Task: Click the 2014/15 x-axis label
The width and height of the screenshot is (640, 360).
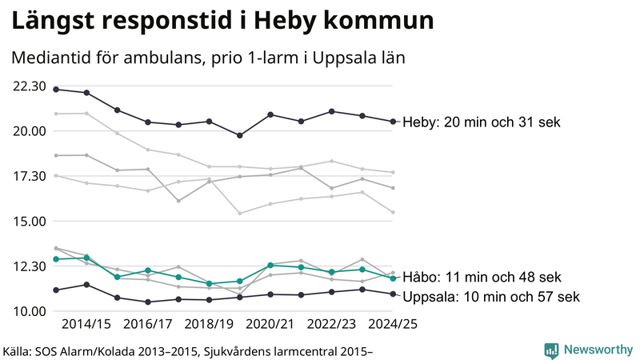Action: (x=86, y=325)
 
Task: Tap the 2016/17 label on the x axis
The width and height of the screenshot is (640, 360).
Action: (x=148, y=325)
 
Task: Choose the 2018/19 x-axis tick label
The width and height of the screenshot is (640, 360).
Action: (x=210, y=325)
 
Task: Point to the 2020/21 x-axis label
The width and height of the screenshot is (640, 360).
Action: (x=270, y=325)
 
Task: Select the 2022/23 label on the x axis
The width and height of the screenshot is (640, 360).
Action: (x=332, y=325)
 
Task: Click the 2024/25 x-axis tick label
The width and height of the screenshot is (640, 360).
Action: (x=393, y=325)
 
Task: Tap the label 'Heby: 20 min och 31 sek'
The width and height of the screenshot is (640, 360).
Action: (x=482, y=122)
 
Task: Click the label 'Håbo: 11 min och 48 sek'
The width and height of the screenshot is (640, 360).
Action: (x=482, y=277)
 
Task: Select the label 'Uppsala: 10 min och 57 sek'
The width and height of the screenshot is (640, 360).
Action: (x=490, y=297)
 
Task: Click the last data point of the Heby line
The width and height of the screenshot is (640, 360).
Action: (x=393, y=122)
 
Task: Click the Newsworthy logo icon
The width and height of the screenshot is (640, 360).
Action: (x=551, y=350)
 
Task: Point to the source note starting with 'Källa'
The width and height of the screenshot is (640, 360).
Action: (x=189, y=350)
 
